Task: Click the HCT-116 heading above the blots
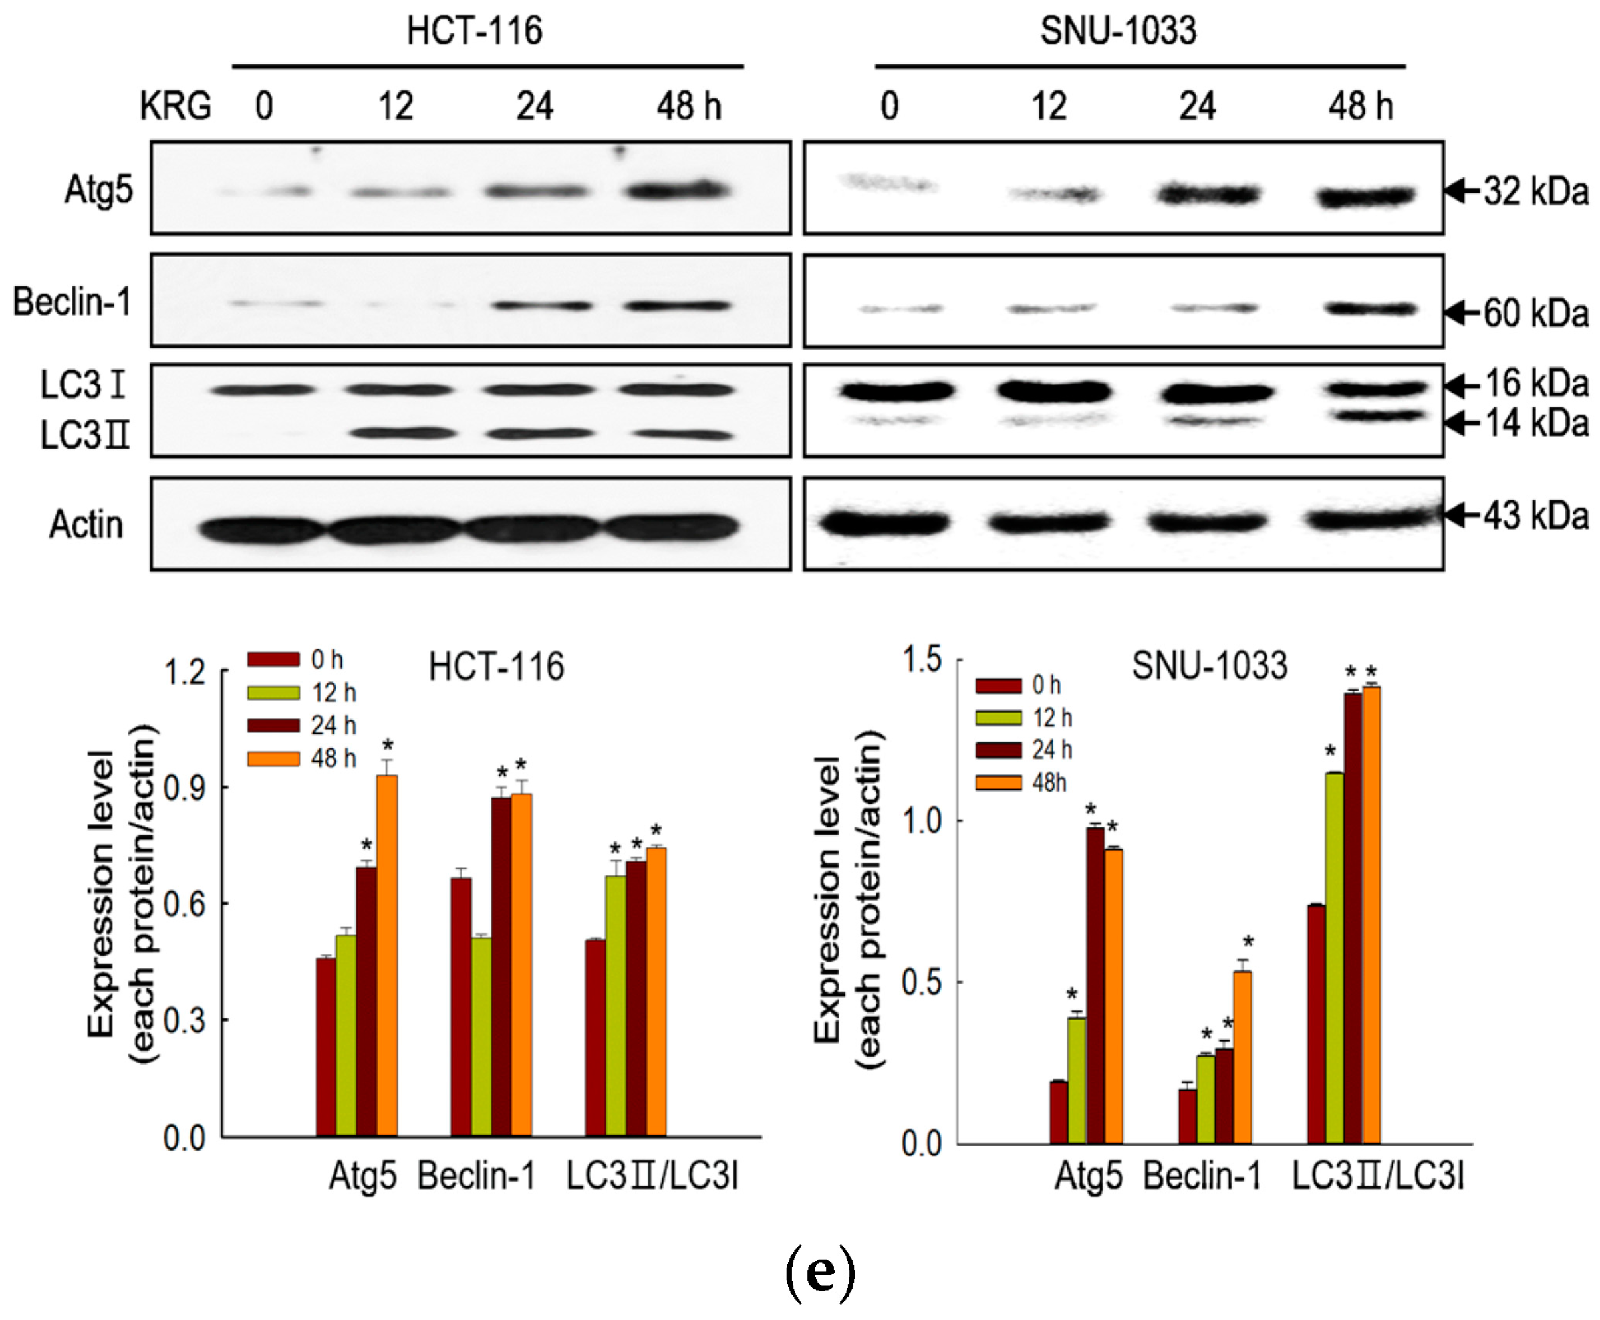(x=474, y=31)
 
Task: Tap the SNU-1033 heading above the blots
(x=1118, y=31)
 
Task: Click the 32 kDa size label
(x=1535, y=191)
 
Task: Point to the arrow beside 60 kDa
(x=1462, y=312)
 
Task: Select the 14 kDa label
(x=1535, y=423)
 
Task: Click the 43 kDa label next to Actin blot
(x=1535, y=516)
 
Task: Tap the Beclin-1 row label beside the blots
(x=72, y=302)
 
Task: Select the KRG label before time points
(x=175, y=106)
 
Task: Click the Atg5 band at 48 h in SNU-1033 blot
(x=1366, y=197)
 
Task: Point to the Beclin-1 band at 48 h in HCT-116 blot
(x=678, y=306)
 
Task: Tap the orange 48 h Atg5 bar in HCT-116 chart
(x=386, y=954)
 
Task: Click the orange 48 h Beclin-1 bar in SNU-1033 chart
(x=1242, y=1057)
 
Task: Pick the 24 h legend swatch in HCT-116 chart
(x=273, y=725)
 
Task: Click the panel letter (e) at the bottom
(x=819, y=1271)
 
